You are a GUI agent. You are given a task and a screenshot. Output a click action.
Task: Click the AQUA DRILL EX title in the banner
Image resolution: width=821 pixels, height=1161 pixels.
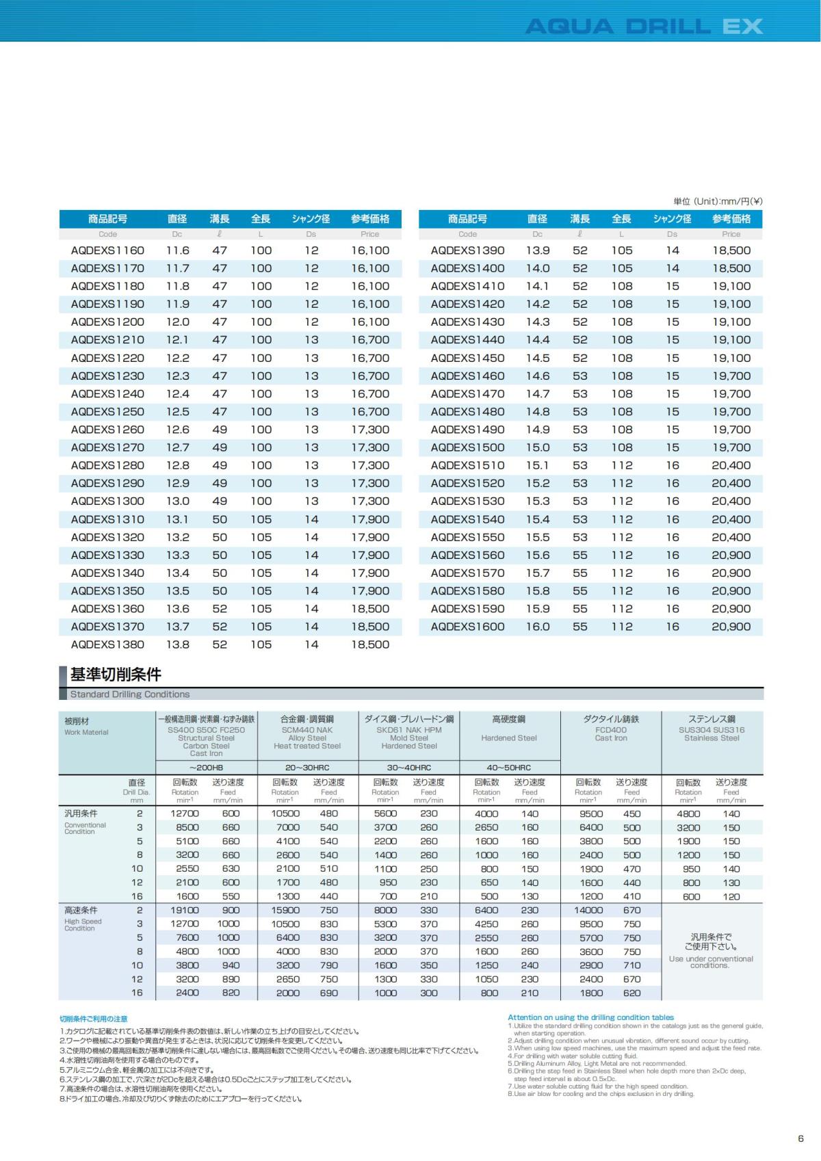pyautogui.click(x=643, y=27)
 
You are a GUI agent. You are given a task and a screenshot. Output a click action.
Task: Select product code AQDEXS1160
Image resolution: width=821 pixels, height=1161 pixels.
pyautogui.click(x=107, y=250)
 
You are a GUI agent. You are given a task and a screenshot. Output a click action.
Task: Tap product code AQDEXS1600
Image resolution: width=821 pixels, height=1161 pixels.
pyautogui.click(x=467, y=627)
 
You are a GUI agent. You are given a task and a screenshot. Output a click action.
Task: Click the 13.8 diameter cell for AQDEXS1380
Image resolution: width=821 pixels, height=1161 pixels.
pyautogui.click(x=177, y=644)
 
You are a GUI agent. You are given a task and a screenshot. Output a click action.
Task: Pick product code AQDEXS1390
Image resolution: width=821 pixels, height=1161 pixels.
pyautogui.click(x=467, y=250)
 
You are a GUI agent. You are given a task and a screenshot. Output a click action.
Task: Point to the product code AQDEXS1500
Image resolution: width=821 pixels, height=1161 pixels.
pyautogui.click(x=467, y=447)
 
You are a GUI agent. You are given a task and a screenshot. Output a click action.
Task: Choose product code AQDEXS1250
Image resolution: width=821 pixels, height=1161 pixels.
pyautogui.click(x=107, y=412)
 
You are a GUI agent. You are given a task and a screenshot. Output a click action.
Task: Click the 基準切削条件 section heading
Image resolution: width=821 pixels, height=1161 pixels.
pyautogui.click(x=116, y=675)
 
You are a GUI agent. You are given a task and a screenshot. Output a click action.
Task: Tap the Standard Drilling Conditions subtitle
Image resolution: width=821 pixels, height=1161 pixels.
pyautogui.click(x=130, y=694)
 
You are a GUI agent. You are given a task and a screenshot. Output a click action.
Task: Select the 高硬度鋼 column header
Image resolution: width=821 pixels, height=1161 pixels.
pyautogui.click(x=509, y=719)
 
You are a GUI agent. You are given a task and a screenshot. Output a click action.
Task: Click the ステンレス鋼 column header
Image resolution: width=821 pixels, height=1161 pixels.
pyautogui.click(x=712, y=719)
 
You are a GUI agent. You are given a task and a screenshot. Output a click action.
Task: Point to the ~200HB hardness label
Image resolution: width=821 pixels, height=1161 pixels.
pyautogui.click(x=206, y=768)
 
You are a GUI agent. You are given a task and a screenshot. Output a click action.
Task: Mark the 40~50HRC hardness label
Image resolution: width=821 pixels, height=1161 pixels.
pyautogui.click(x=509, y=768)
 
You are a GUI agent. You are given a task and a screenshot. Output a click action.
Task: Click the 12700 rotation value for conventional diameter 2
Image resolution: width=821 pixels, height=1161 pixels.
pyautogui.click(x=185, y=814)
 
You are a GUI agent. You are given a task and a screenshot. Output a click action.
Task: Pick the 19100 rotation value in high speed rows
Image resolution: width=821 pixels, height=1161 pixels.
pyautogui.click(x=185, y=911)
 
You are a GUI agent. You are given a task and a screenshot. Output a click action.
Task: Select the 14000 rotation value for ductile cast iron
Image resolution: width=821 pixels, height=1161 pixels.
pyautogui.click(x=588, y=911)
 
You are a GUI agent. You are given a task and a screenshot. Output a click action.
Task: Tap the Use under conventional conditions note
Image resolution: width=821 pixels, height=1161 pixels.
pyautogui.click(x=711, y=962)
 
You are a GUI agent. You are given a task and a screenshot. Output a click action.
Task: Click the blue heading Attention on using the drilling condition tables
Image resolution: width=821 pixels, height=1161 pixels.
pyautogui.click(x=590, y=1017)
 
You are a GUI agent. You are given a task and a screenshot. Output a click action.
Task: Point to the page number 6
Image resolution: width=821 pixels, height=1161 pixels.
pyautogui.click(x=800, y=1139)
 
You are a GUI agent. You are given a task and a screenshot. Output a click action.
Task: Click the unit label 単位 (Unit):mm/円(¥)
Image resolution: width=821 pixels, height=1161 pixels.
pyautogui.click(x=718, y=201)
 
